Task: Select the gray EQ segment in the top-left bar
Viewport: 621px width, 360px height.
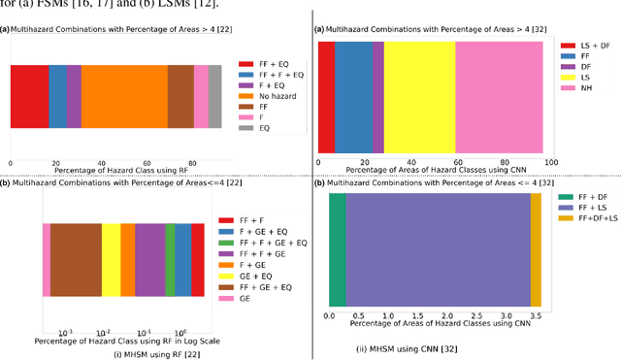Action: (x=215, y=97)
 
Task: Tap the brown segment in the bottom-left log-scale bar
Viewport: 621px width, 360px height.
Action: (x=76, y=259)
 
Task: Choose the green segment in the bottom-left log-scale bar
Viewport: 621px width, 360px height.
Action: (x=170, y=259)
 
